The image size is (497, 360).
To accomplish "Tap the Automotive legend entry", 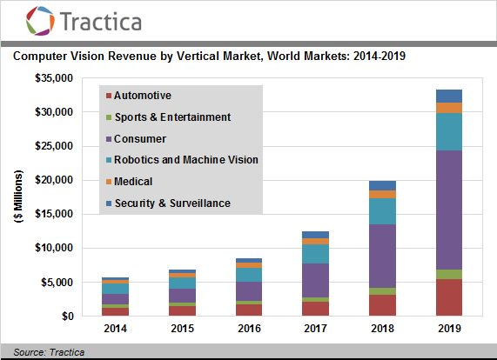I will point(143,95).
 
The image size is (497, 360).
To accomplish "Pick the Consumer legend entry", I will point(140,138).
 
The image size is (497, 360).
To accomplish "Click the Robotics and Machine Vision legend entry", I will point(186,159).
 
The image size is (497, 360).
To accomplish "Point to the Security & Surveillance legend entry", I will point(176,203).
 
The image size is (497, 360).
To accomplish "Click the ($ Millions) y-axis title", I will point(18,197).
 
